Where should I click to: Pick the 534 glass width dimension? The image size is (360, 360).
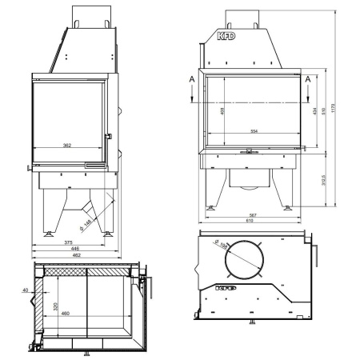tap(254, 131)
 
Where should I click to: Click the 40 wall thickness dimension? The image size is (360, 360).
tap(26, 290)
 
